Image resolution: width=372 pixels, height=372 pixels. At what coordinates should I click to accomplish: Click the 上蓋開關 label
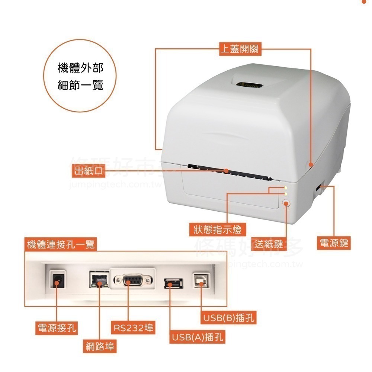coord(240,49)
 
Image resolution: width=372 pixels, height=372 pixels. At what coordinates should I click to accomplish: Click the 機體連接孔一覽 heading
coord(61,244)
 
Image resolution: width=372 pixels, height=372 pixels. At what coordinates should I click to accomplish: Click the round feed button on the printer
coord(286,203)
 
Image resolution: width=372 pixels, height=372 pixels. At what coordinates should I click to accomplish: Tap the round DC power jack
coord(57,282)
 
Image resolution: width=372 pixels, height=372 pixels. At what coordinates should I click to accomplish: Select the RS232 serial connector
coord(133,280)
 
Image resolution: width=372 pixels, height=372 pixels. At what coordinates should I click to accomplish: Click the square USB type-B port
coord(201,281)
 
